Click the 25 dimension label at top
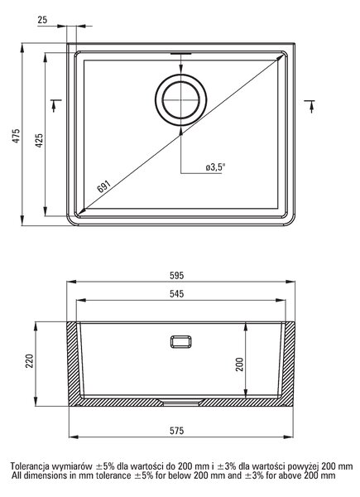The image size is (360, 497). [42, 20]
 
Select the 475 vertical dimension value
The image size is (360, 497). [17, 136]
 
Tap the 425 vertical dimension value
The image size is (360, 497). [39, 141]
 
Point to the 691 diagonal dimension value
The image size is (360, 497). [103, 186]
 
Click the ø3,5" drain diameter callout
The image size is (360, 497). [215, 167]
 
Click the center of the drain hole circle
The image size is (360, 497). [180, 100]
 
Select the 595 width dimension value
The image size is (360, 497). [176, 276]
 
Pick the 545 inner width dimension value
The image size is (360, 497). [176, 294]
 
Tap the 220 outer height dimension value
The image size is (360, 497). [30, 360]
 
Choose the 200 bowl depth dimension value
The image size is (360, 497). [240, 364]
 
